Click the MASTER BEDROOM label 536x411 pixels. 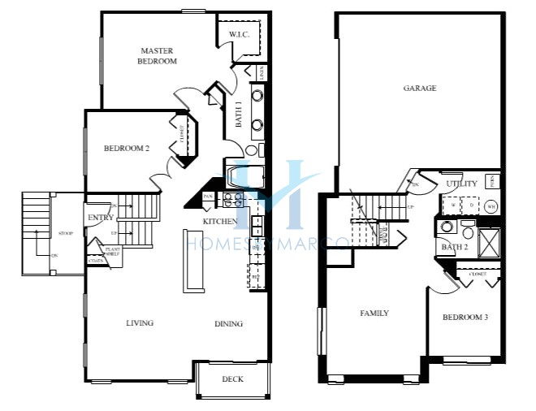tap(158, 55)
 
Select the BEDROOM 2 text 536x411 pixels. tap(127, 148)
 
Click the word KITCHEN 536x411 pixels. tap(221, 221)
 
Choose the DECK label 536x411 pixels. tap(232, 379)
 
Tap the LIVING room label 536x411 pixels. tap(140, 323)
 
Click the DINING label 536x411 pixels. tap(228, 324)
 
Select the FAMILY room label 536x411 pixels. tap(374, 313)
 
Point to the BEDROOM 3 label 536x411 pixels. tap(465, 317)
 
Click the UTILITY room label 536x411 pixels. tap(461, 184)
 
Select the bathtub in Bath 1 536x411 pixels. tap(244, 175)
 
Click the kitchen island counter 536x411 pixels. tap(194, 259)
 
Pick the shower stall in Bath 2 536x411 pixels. tap(490, 242)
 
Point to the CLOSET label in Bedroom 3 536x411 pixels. tap(478, 275)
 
